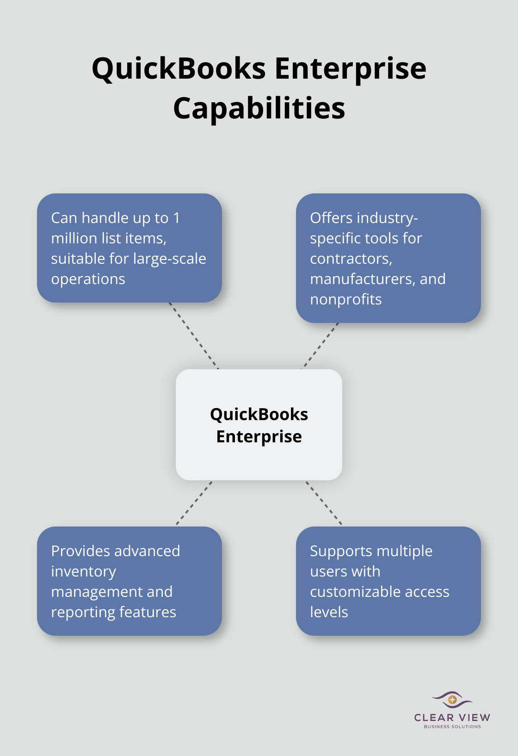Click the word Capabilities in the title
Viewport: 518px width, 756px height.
259,108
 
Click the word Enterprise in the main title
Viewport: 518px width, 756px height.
350,68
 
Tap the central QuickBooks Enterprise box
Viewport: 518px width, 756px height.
259,424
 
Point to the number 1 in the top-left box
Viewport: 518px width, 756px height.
176,218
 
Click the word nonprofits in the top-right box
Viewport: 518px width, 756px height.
345,299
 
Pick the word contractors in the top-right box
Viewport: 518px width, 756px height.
351,259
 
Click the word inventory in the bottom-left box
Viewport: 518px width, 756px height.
83,571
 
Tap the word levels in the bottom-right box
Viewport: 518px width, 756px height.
329,612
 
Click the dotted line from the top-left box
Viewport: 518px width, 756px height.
193,335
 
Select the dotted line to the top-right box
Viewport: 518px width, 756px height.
321,345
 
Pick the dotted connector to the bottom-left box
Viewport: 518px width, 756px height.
194,503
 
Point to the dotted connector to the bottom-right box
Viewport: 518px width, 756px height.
324,503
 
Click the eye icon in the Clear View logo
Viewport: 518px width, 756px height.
452,700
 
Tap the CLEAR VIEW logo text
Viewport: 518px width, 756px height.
452,718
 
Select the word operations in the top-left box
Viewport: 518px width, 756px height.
88,279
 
